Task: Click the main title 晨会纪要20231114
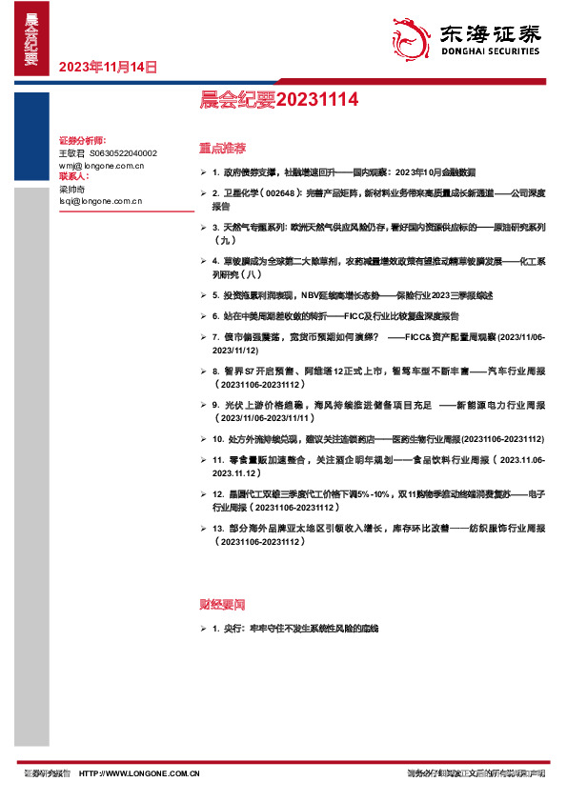252,97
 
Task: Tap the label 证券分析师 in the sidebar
81,140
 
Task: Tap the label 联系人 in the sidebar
73,176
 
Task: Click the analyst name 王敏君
72,152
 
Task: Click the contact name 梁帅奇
72,189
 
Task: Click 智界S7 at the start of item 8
235,369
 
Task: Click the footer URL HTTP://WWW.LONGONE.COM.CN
138,774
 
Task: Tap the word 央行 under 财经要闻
233,630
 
